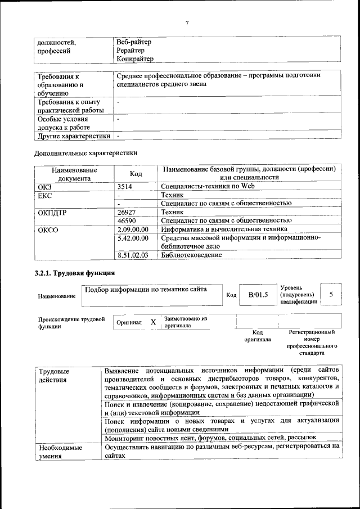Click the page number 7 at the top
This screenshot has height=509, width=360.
point(186,22)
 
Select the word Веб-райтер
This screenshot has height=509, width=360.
point(134,42)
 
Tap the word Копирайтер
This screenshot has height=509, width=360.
point(134,58)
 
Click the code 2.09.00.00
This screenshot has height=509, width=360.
point(133,229)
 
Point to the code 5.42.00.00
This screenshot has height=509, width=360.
point(133,238)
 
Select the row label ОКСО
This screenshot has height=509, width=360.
point(48,229)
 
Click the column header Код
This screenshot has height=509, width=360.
point(136,174)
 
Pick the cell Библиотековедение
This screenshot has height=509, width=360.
point(191,255)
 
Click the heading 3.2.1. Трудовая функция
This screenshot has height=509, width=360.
point(75,273)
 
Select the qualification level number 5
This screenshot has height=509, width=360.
point(331,294)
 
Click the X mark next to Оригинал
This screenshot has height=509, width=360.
point(153,322)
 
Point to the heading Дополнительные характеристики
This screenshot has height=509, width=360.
point(85,152)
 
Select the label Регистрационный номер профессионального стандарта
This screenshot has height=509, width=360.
point(312,343)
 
